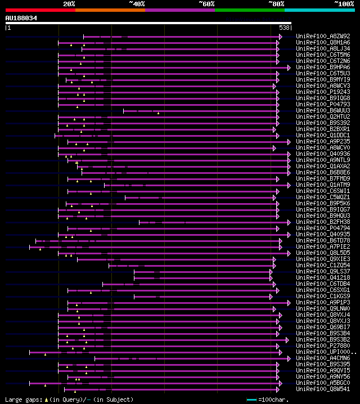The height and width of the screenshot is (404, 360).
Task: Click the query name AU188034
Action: click(x=21, y=18)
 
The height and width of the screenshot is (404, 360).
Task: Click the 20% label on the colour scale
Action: click(x=69, y=3)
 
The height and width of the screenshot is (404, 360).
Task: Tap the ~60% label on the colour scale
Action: click(x=206, y=3)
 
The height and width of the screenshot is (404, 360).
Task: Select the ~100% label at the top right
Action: click(x=344, y=3)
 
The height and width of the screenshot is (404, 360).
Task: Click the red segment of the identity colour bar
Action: click(x=40, y=10)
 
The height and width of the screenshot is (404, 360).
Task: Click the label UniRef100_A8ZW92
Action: click(x=323, y=37)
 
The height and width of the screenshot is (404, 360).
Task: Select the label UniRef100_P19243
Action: click(x=323, y=92)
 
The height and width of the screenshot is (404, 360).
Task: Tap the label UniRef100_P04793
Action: click(x=323, y=105)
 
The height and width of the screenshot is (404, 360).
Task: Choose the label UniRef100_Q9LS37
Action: click(x=323, y=272)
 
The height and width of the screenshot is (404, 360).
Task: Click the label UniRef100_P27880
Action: click(x=323, y=346)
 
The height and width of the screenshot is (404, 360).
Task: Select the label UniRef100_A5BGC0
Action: click(x=323, y=383)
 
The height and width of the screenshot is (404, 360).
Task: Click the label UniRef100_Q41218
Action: click(x=323, y=278)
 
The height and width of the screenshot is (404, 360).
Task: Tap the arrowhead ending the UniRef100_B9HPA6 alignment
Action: click(x=289, y=68)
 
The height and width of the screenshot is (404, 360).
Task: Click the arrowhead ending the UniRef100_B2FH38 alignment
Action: click(x=289, y=222)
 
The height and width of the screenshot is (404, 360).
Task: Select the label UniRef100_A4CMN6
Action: click(x=323, y=358)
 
